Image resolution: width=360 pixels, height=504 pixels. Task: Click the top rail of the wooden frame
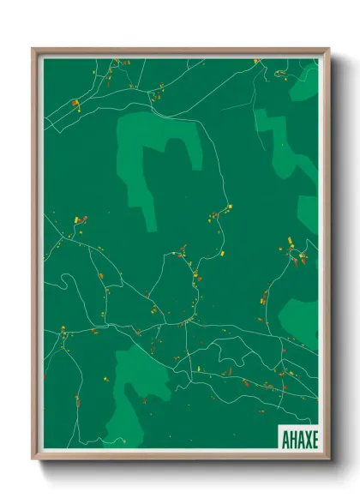point(180,51)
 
